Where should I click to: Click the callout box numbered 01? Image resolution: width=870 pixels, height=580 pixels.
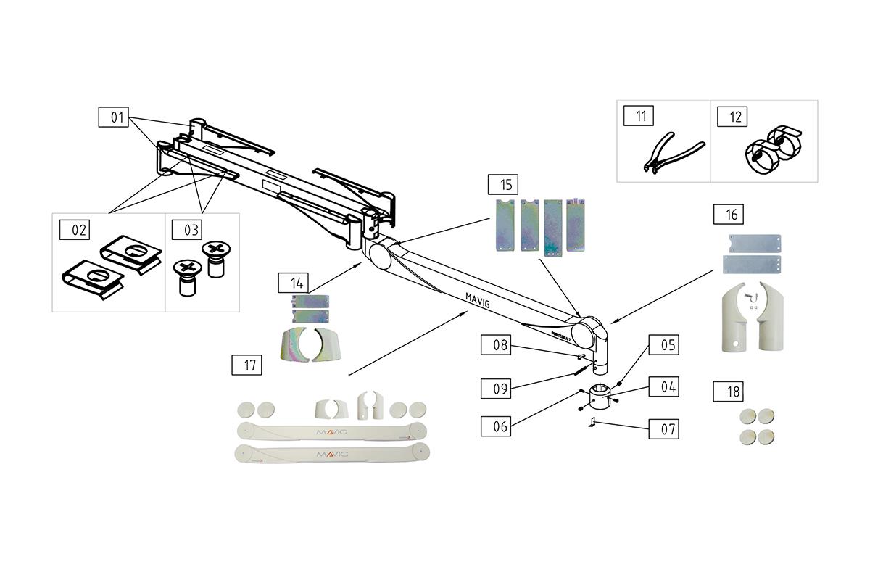[x=117, y=117]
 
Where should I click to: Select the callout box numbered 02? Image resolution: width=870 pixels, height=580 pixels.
[x=78, y=231]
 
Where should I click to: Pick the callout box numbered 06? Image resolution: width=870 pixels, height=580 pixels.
[x=500, y=426]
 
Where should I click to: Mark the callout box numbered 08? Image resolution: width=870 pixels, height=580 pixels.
[x=500, y=345]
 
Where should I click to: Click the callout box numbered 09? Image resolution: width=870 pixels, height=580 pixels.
[x=500, y=388]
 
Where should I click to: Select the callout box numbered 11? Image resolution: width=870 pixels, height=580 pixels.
[x=641, y=116]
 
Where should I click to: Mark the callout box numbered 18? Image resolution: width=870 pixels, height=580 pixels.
[x=734, y=391]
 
